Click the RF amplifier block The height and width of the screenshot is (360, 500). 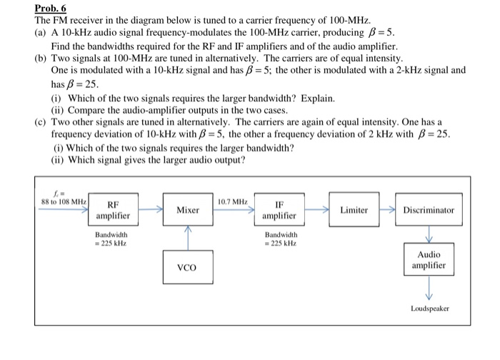pos(113,209)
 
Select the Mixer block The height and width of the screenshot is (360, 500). pos(188,210)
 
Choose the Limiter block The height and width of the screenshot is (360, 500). pos(354,210)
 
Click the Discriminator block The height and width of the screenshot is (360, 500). pos(429,210)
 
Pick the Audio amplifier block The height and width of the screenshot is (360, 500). pos(429,260)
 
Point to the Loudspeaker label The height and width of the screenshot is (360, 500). pos(429,309)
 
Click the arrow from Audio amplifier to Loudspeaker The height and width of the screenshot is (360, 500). pos(429,289)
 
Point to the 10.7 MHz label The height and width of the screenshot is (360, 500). pos(233,203)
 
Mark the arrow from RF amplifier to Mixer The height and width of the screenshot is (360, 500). pos(149,210)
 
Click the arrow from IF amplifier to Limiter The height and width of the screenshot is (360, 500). pos(316,210)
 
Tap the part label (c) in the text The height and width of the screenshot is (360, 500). pos(41,122)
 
